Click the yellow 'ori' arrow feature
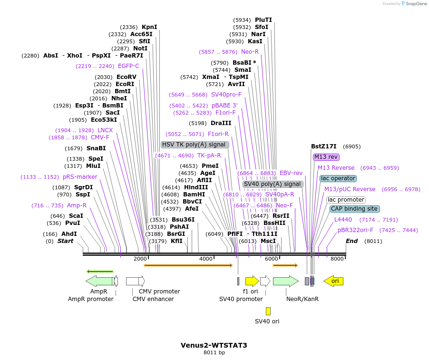[333, 281]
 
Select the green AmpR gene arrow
[99, 281]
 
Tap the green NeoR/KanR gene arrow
[285, 281]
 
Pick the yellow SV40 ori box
[268, 311]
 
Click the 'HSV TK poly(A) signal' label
[195, 145]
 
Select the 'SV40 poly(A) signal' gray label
[273, 184]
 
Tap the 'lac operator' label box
[338, 178]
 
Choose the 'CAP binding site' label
[354, 209]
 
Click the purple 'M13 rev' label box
[326, 157]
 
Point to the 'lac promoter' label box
[346, 200]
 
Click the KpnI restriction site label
[149, 27]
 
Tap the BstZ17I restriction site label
[323, 146]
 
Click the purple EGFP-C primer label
[128, 66]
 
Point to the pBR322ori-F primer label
[356, 230]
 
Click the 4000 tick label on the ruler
[205, 259]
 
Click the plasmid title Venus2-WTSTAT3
[214, 345]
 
